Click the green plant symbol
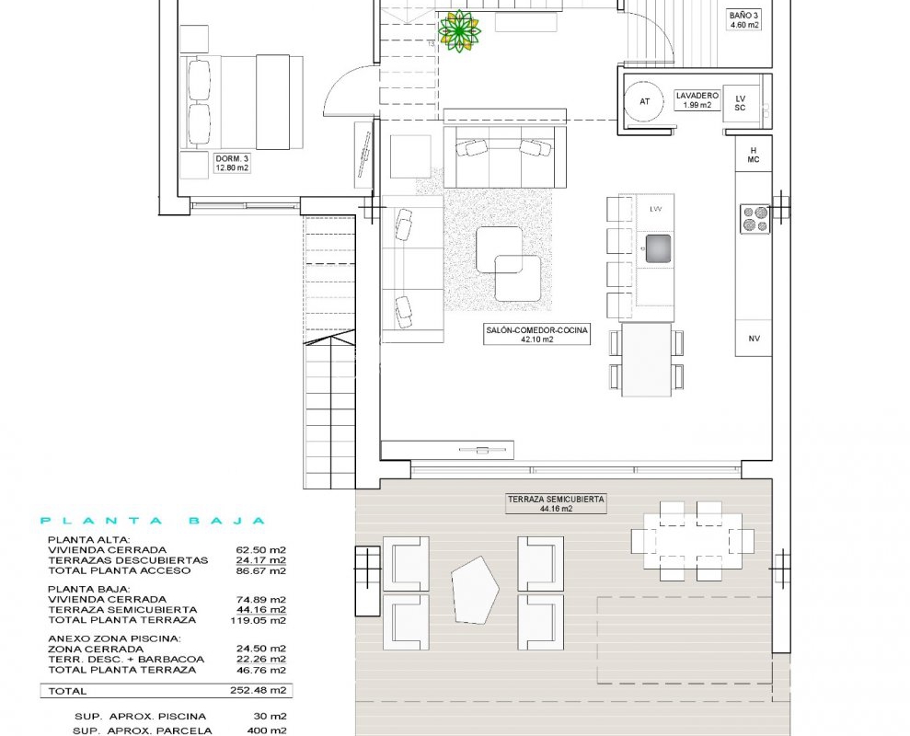point(459,32)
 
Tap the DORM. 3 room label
point(232,163)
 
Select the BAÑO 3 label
point(744,20)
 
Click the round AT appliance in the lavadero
point(644,101)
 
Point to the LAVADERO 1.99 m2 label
point(697,100)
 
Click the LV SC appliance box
point(740,103)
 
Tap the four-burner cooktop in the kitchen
point(755,219)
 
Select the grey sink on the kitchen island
point(658,248)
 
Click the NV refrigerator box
point(754,339)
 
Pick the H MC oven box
point(754,155)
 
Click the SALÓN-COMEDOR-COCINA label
point(536,334)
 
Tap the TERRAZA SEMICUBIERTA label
point(556,503)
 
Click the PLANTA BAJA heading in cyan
point(153,521)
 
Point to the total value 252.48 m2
point(259,691)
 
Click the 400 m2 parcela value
point(267,730)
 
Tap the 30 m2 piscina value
point(271,717)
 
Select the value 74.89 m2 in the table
point(260,600)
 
